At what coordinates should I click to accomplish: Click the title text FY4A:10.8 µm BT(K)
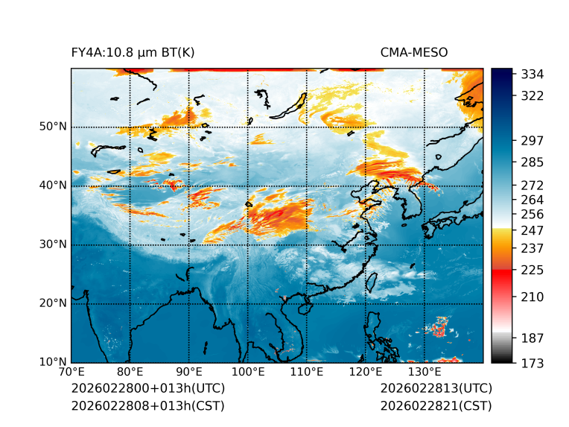[x=133, y=53]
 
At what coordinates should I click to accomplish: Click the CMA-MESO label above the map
[x=414, y=53]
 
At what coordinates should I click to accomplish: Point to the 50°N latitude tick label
[x=53, y=127]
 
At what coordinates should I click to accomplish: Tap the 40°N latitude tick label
[x=53, y=186]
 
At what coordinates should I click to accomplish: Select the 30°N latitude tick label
[x=53, y=244]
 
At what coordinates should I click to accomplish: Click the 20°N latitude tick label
[x=53, y=303]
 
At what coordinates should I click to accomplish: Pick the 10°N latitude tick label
[x=53, y=362]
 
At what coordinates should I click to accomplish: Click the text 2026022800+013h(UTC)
[x=147, y=389]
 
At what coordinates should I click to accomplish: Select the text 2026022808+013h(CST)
[x=147, y=405]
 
